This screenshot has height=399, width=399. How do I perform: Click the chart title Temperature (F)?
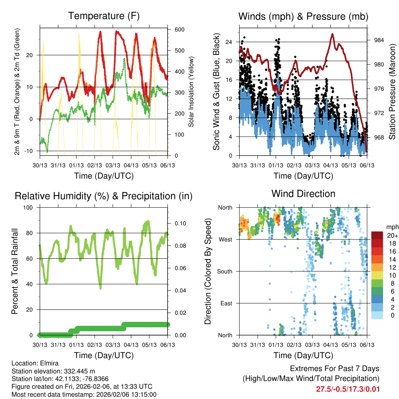104,16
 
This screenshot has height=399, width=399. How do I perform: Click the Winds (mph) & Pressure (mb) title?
303,16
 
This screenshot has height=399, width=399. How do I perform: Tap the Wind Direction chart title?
303,194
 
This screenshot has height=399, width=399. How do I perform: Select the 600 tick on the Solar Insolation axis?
179,30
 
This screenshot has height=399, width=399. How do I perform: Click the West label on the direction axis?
225,239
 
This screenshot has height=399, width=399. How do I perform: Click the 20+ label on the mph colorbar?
392,235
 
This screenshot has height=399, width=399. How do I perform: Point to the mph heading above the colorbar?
392,227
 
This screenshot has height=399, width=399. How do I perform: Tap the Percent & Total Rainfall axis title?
15,271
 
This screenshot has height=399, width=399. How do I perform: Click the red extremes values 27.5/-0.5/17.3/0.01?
348,389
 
